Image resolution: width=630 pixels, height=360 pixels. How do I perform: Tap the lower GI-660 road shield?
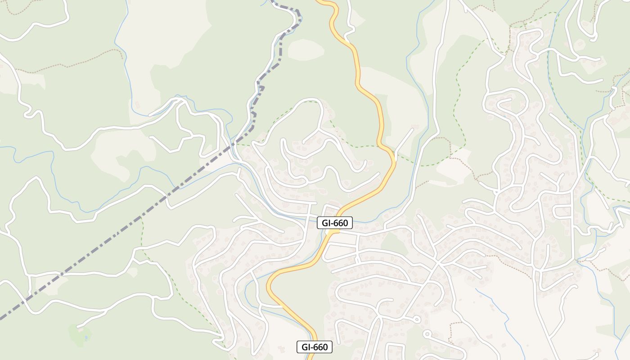(x=315, y=347)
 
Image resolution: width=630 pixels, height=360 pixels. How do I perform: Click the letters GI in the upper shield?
(x=326, y=222)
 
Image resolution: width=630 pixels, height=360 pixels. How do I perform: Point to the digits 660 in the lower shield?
(x=320, y=347)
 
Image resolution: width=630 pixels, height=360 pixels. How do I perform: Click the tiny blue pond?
(x=85, y=337)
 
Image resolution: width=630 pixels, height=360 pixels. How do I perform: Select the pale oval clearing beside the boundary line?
(x=306, y=49)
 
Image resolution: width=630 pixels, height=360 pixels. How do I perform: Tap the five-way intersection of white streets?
(x=437, y=263)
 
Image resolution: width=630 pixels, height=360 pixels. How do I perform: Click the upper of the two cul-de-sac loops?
(x=417, y=319)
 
